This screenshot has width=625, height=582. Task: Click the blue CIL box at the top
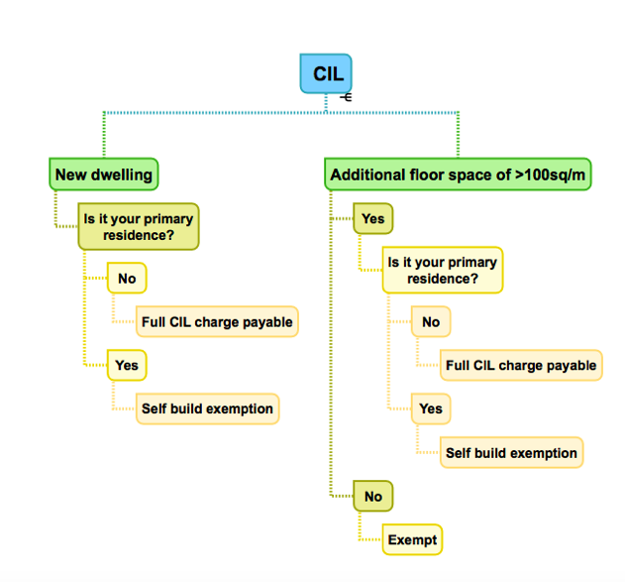(x=326, y=73)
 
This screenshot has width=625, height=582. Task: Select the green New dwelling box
(x=104, y=175)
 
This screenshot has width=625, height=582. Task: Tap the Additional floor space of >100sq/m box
(x=459, y=175)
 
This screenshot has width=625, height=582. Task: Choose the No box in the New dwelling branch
(x=127, y=279)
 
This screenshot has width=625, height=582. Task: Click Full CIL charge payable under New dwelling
(x=217, y=322)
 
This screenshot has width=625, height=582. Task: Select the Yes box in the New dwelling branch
(x=127, y=365)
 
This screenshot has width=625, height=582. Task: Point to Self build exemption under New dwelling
(x=207, y=408)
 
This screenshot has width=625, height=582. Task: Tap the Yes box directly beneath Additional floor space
(x=372, y=218)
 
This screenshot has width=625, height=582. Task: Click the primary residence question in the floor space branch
(x=442, y=271)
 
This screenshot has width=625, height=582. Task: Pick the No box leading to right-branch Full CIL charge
(x=431, y=322)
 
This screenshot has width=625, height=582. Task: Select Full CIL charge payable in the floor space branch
(x=521, y=365)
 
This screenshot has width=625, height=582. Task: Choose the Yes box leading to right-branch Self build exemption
(x=431, y=408)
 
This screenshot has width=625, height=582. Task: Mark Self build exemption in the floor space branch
(x=511, y=452)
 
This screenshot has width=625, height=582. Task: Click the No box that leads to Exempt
(x=372, y=496)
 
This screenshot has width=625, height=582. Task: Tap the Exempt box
(x=411, y=539)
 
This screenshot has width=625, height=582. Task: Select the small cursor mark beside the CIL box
(x=345, y=97)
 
